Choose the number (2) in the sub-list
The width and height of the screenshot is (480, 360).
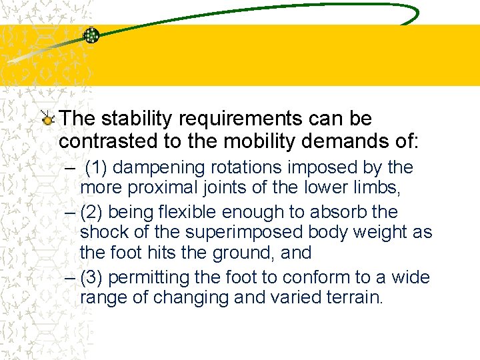pyautogui.click(x=91, y=212)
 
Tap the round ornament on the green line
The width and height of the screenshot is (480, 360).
pyautogui.click(x=91, y=36)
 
